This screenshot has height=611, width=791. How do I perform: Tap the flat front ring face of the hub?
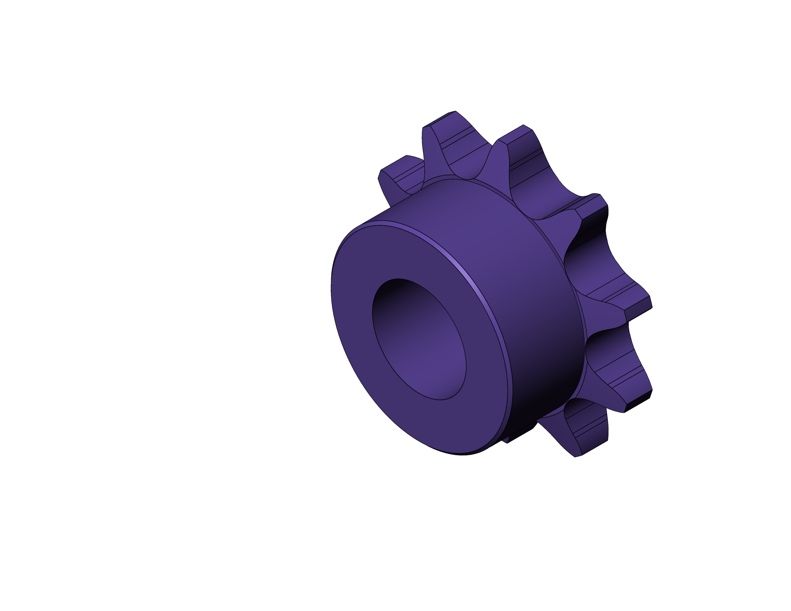pos(357,363)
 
